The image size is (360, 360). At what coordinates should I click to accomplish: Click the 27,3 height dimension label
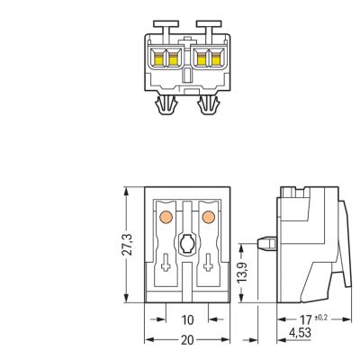127,245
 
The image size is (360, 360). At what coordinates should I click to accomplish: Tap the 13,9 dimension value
242,273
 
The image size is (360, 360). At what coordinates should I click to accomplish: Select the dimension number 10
187,320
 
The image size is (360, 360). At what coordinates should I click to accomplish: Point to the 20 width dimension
187,340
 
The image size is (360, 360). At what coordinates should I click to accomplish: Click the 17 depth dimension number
306,319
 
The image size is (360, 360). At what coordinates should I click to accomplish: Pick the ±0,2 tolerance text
321,318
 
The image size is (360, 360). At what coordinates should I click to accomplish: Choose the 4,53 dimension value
300,333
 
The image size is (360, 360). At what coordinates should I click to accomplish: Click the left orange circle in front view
166,217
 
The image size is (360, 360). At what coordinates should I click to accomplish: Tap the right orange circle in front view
209,217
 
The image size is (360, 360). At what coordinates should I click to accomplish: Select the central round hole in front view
187,243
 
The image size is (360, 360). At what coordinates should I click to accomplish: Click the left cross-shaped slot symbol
166,263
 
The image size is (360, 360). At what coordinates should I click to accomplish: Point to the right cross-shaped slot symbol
208,263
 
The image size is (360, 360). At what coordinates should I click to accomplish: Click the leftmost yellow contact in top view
158,59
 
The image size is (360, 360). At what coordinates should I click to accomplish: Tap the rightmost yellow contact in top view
216,59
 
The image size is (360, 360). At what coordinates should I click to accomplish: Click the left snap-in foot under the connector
166,105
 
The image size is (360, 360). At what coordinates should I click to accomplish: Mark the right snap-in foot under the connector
209,105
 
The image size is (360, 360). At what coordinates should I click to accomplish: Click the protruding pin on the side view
267,244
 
